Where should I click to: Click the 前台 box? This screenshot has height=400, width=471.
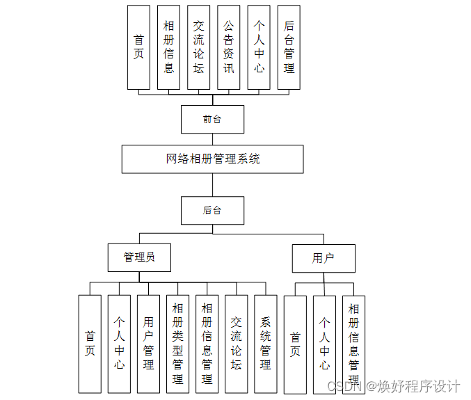pyautogui.click(x=212, y=119)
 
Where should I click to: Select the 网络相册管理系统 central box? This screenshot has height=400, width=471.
pyautogui.click(x=212, y=159)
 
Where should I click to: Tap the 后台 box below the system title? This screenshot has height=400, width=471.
pyautogui.click(x=212, y=210)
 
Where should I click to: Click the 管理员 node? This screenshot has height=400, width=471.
pyautogui.click(x=139, y=257)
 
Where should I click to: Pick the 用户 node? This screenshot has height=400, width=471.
pyautogui.click(x=323, y=258)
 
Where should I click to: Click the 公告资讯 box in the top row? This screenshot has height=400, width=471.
pyautogui.click(x=229, y=47)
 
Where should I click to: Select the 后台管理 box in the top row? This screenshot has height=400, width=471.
pyautogui.click(x=289, y=47)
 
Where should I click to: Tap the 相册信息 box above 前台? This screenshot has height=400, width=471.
pyautogui.click(x=169, y=47)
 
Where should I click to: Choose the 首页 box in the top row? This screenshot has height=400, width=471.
pyautogui.click(x=138, y=47)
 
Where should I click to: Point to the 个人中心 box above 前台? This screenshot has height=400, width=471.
pyautogui.click(x=259, y=47)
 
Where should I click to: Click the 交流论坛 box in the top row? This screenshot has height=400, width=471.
pyautogui.click(x=199, y=47)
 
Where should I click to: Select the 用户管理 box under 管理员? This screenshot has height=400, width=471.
pyautogui.click(x=148, y=344)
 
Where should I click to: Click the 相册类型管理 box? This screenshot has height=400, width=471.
pyautogui.click(x=177, y=344)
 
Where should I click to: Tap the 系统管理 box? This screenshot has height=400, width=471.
pyautogui.click(x=265, y=344)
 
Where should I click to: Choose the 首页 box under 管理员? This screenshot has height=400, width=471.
pyautogui.click(x=90, y=344)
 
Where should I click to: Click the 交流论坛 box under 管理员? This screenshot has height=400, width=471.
pyautogui.click(x=236, y=344)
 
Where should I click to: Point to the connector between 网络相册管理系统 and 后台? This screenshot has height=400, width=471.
pyautogui.click(x=212, y=184)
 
